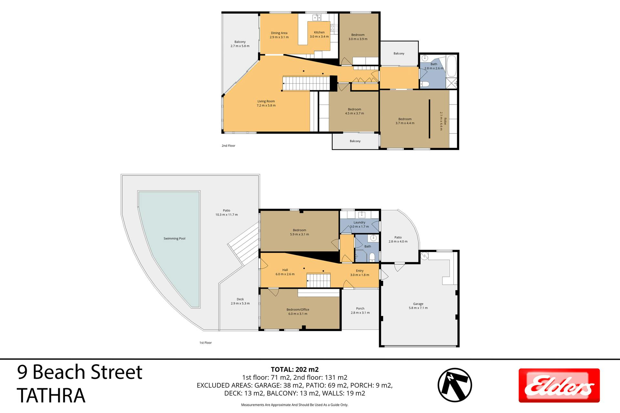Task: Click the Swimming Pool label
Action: coord(174,238)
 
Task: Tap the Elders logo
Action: coord(559,385)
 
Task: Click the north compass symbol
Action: coord(455,385)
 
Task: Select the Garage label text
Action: coord(418,304)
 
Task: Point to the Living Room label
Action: coord(266,101)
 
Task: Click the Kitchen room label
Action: coord(319,32)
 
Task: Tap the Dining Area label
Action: coord(279,33)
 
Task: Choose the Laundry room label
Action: coord(359,222)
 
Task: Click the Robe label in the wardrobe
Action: coord(445,121)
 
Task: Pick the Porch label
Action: coord(360,308)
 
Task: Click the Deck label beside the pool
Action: coord(240,299)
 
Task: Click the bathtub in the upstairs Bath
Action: coord(451,65)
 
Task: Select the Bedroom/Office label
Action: coord(298,309)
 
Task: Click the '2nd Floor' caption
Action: coord(228,146)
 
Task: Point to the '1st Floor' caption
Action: coord(205,343)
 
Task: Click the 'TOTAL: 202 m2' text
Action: coord(294,369)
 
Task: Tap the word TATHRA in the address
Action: coord(51,396)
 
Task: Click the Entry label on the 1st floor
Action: coord(360,271)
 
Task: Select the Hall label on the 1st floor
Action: coord(285,270)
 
